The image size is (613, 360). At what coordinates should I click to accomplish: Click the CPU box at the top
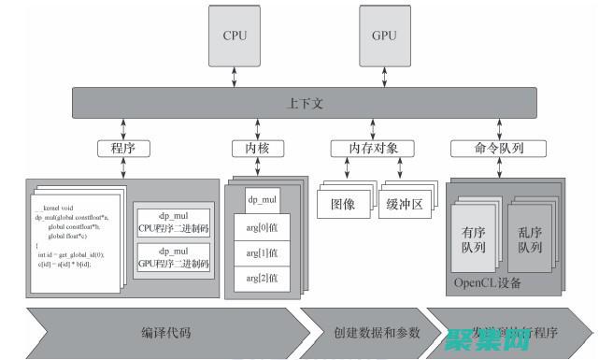[x=234, y=36]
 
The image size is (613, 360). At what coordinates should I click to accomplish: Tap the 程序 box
[x=123, y=148]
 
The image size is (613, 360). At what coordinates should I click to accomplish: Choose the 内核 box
[x=256, y=148]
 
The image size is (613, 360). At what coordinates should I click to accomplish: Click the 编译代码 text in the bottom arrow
[x=165, y=332]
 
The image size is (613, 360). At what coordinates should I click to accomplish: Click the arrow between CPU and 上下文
[x=234, y=78]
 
